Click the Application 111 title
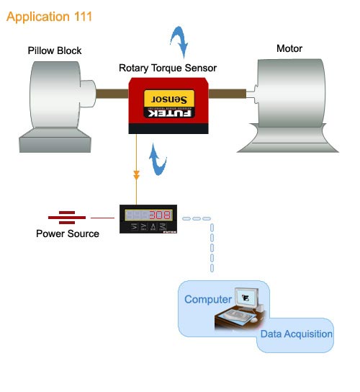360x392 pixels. (49, 17)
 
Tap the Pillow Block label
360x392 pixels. (55, 50)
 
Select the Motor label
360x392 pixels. (289, 48)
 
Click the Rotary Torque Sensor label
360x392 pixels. (168, 68)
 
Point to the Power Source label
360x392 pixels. (68, 233)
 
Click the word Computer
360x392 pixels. (208, 300)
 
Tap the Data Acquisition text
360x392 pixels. (297, 334)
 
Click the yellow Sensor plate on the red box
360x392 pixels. (169, 98)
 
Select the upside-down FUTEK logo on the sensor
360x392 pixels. (169, 113)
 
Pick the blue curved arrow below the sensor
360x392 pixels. (158, 160)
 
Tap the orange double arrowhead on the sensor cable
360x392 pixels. (136, 175)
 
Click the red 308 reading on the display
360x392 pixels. (160, 215)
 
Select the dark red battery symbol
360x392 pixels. (67, 218)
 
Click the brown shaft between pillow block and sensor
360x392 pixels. (112, 94)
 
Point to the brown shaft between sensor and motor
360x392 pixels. (227, 94)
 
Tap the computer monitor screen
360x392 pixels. (247, 298)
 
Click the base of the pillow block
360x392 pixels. (55, 141)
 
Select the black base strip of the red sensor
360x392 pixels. (168, 129)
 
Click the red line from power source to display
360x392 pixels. (102, 218)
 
